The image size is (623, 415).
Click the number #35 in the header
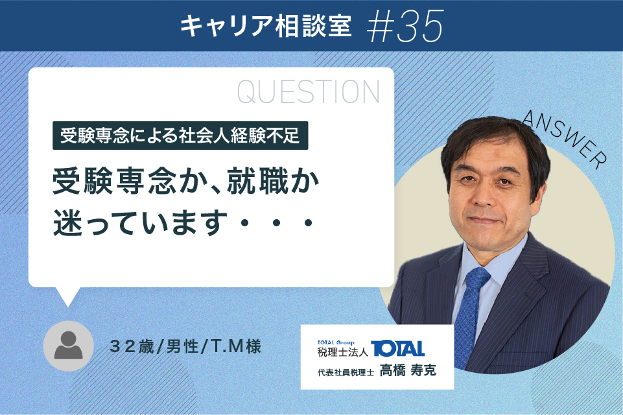tap(405, 26)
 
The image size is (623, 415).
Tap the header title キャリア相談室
tap(266, 26)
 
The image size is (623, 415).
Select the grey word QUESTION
tap(309, 92)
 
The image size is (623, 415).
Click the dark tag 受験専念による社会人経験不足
tap(180, 136)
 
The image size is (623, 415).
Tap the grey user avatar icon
tap(68, 346)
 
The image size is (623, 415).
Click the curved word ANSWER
tap(565, 139)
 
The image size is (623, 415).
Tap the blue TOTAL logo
tap(397, 349)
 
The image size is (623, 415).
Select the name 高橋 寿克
tap(408, 370)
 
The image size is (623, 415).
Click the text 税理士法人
tap(342, 352)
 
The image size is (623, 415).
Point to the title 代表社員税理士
tap(346, 372)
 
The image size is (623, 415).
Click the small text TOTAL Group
tap(336, 342)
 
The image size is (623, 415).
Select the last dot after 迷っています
tap(308, 223)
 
